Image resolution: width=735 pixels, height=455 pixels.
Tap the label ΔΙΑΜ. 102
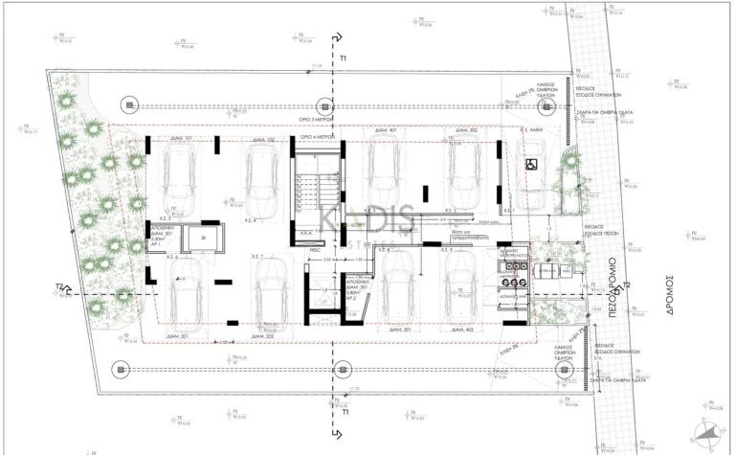[262, 140]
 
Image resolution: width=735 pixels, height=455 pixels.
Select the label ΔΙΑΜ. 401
[386, 129]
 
